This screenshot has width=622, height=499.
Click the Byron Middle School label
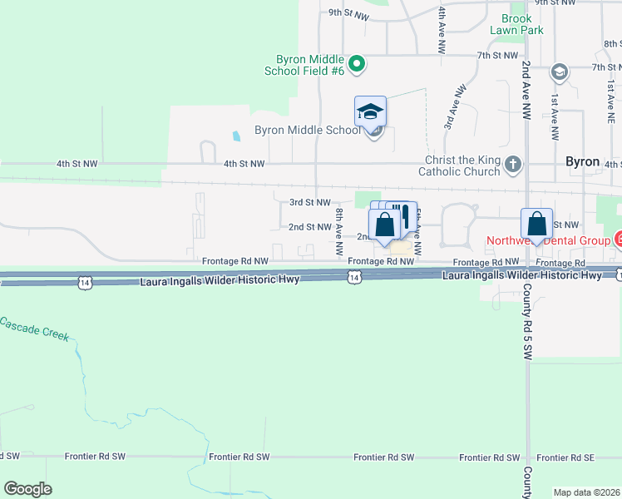pos(308,130)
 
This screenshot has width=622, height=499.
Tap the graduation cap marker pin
pos(371,111)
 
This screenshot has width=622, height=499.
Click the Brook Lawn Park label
pos(522,24)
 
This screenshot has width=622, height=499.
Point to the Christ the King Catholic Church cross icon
pos(513,164)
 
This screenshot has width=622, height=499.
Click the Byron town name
pos(582,161)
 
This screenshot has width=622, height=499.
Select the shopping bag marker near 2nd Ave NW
pos(536,225)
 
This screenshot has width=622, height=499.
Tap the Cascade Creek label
pos(32,330)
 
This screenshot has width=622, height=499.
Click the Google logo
pos(27,489)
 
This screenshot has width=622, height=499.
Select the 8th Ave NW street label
pos(339,232)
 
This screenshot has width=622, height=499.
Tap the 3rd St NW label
pos(310,202)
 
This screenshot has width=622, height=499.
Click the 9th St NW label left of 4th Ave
pos(348,13)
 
